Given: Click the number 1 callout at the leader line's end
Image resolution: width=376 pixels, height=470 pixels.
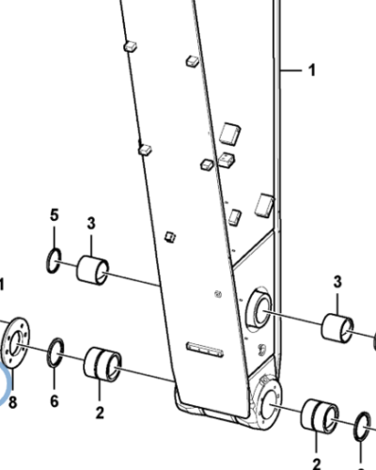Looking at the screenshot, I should click(313, 70).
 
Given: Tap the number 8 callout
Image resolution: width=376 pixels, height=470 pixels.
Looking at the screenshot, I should click(12, 402).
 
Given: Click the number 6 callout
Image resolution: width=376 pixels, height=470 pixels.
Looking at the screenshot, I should click(54, 402).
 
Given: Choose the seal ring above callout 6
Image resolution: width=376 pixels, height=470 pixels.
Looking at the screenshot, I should click(55, 353).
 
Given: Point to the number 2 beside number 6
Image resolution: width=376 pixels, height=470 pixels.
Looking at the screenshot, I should click(99, 412).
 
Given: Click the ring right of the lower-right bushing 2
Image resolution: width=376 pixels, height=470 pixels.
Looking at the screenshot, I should click(364, 430).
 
